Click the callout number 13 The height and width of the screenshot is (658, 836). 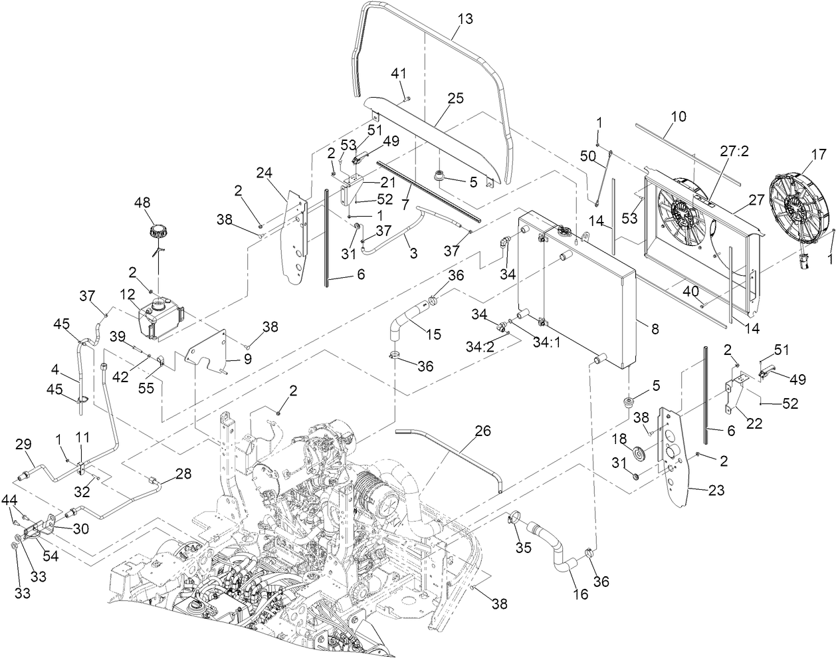click(465, 19)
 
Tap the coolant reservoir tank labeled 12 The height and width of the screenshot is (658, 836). click(159, 317)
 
